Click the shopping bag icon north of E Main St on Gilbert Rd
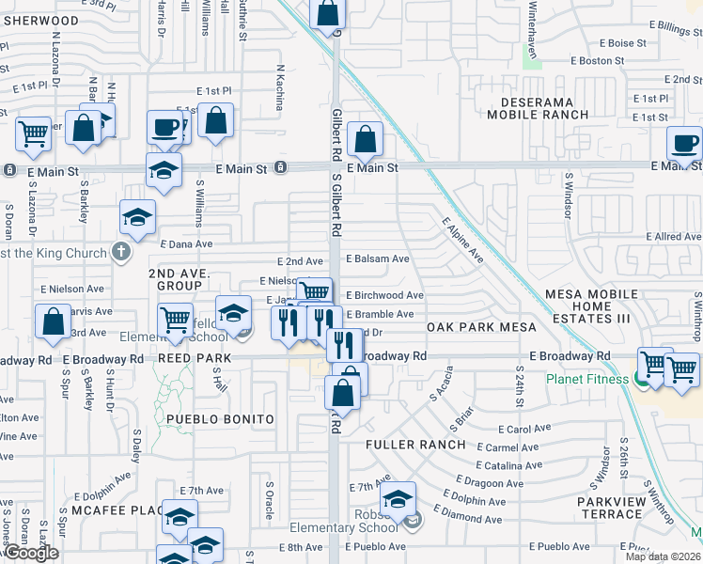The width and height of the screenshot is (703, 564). point(365,140)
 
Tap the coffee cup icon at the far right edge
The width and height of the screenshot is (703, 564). point(684,144)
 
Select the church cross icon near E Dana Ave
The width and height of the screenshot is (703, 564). point(119,252)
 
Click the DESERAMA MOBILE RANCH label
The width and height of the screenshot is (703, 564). point(538,106)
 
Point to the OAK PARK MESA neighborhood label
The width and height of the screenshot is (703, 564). point(481,327)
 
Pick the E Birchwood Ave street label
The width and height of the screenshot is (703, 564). point(384,295)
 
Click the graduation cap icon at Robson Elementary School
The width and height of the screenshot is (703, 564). point(398,499)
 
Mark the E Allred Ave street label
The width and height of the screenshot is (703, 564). point(672,237)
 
